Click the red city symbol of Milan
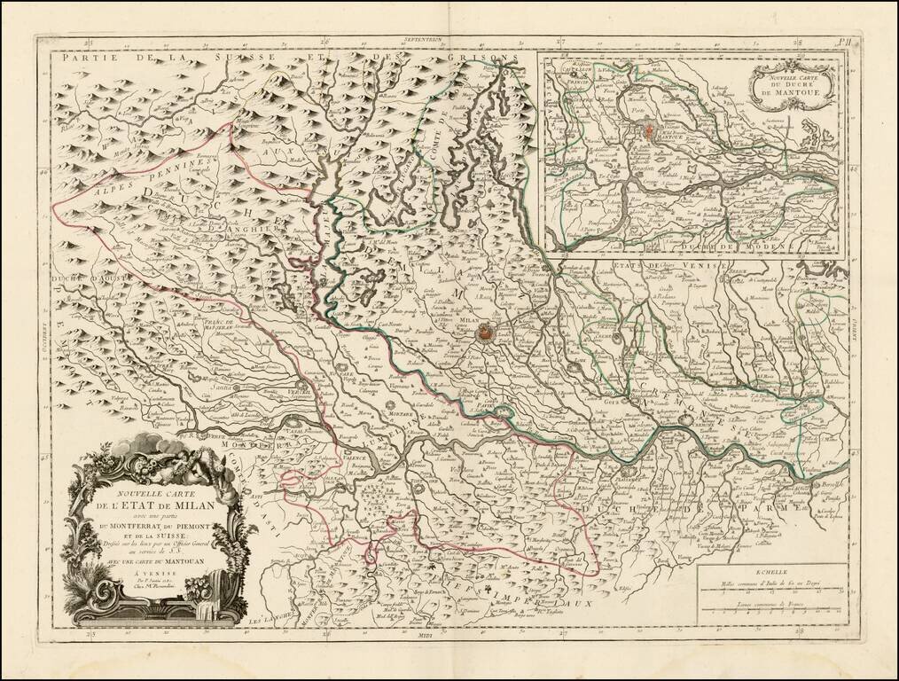[x=485, y=333]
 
